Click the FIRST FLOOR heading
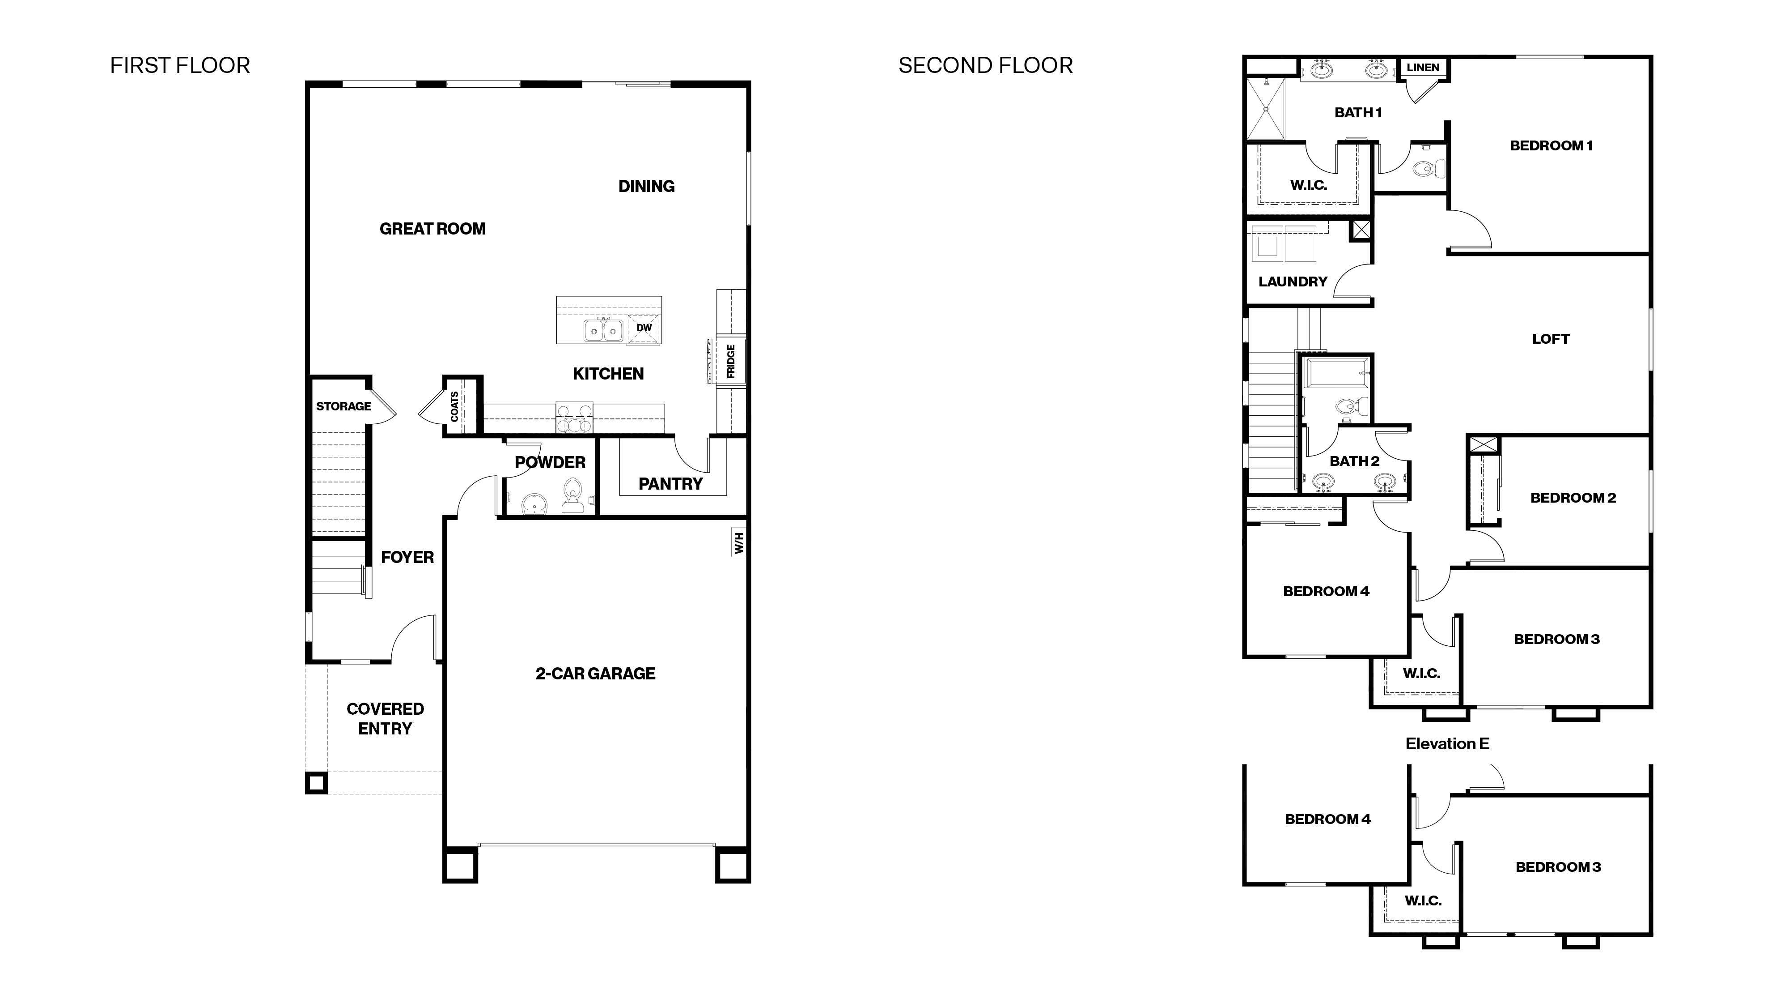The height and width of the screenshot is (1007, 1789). (180, 65)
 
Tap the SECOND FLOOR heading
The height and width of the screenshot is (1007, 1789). (985, 65)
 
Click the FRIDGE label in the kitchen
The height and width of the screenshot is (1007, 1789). (731, 361)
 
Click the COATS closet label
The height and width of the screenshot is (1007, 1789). (454, 406)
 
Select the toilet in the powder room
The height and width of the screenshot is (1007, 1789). (573, 495)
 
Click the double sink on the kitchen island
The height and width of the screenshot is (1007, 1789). (602, 331)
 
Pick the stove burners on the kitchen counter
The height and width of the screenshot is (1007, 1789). (574, 419)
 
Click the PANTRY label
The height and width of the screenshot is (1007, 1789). (670, 484)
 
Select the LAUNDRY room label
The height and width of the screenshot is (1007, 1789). (1293, 282)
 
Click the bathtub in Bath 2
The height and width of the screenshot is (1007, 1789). (1337, 373)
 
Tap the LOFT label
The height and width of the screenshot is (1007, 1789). (1550, 339)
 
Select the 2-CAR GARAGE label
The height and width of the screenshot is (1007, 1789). (595, 674)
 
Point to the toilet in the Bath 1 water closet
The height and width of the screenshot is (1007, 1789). (1425, 168)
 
